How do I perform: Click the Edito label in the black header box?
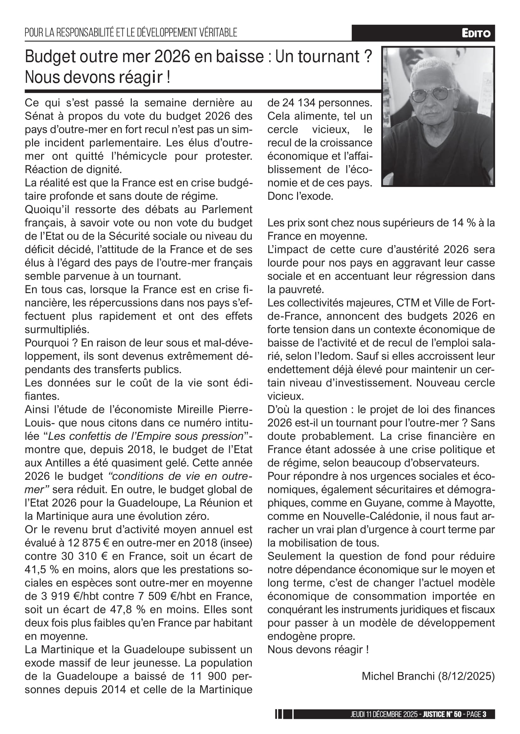(x=476, y=33)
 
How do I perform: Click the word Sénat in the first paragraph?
(x=39, y=116)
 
